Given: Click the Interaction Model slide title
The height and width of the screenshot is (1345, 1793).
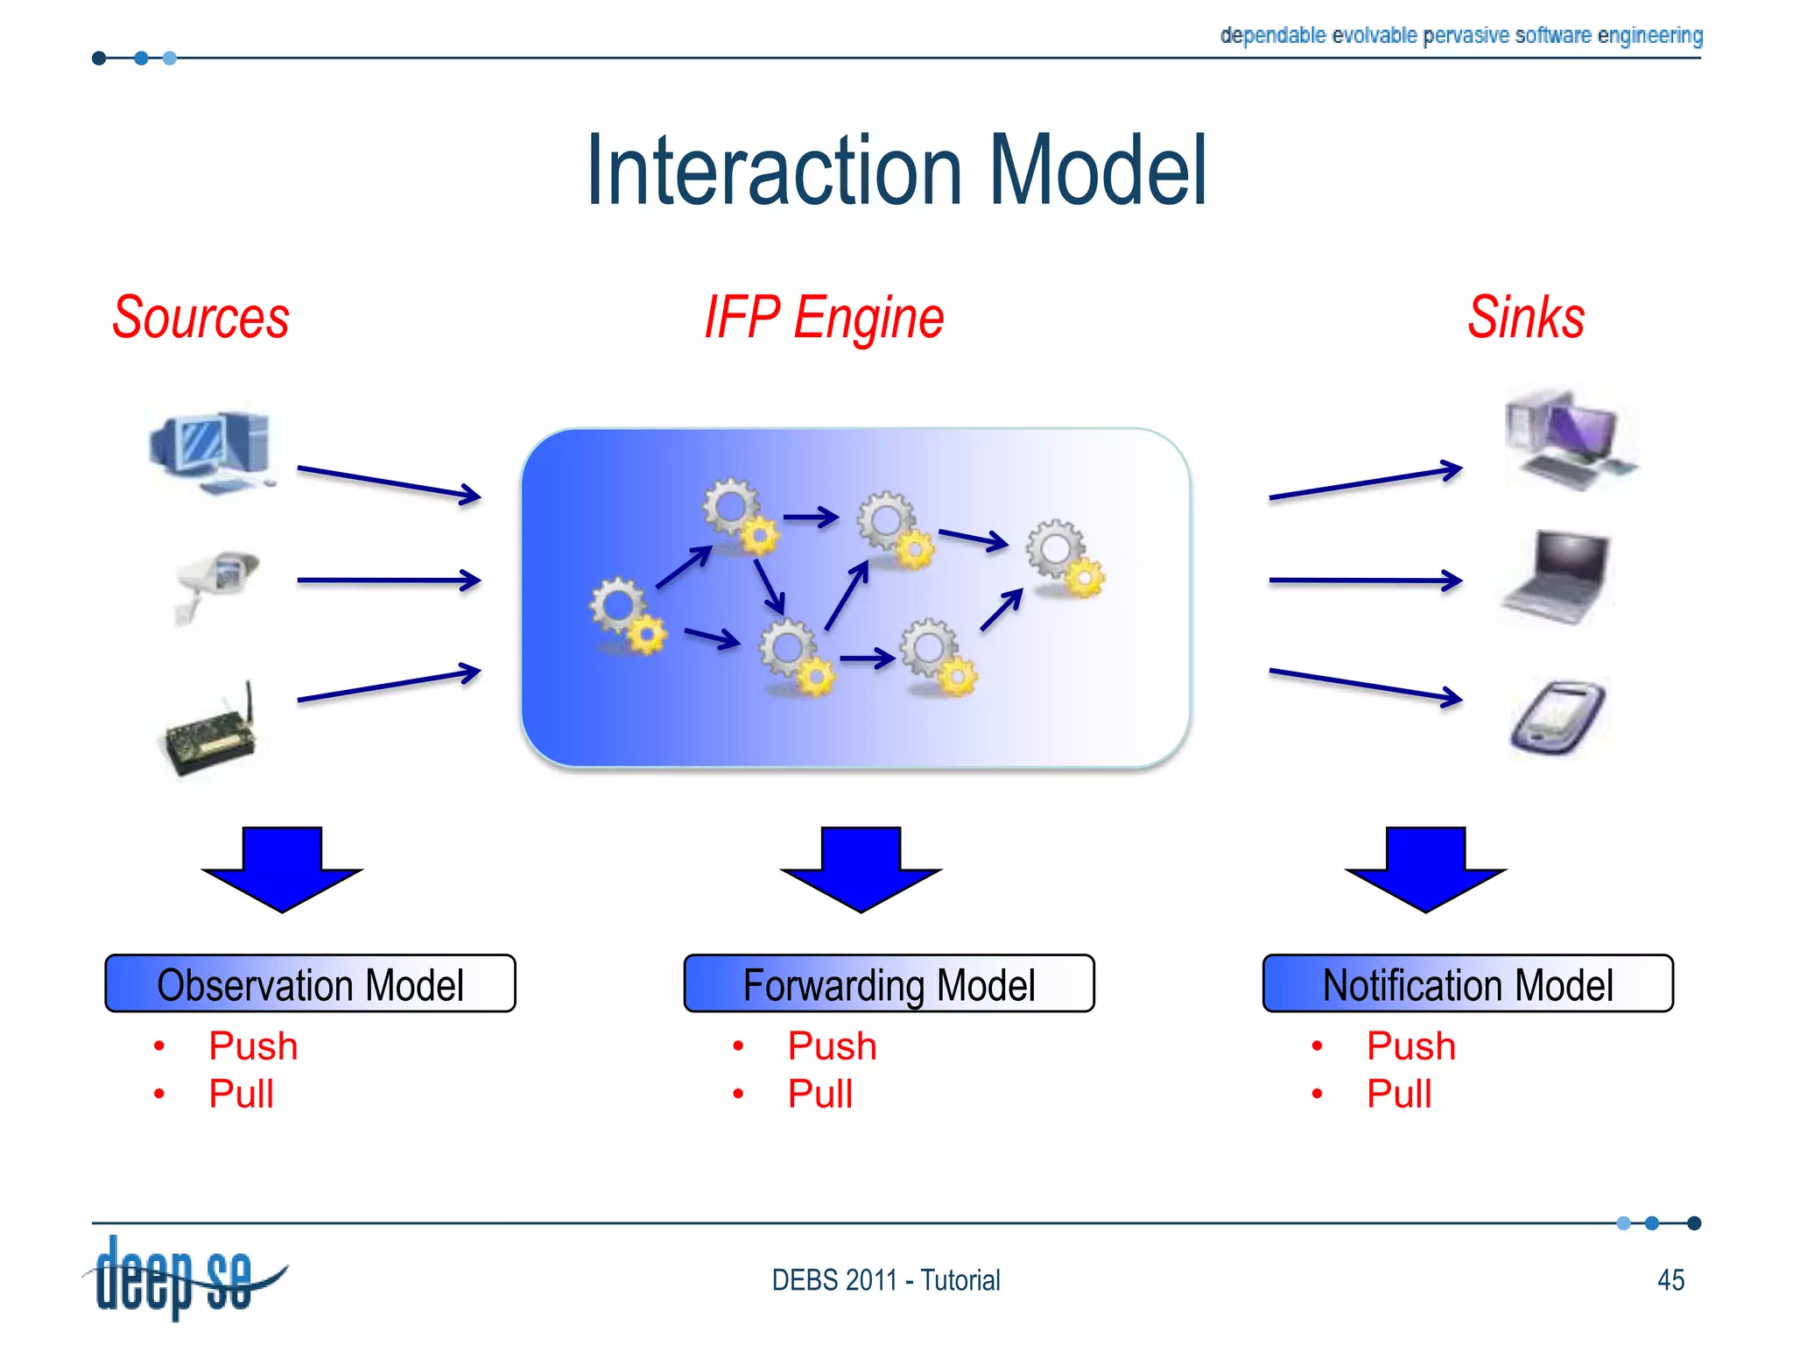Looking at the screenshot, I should click(896, 171).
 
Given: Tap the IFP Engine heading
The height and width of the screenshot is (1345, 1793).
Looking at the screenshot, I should click(824, 319).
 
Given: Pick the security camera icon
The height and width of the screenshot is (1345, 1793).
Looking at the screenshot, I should click(217, 582).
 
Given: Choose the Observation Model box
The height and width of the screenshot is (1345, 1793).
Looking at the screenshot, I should click(310, 984).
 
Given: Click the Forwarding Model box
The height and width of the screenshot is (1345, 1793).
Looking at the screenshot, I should click(889, 984).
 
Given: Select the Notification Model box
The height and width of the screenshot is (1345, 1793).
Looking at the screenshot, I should click(1467, 984).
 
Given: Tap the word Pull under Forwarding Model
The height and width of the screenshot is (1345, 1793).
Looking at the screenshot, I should click(819, 1094).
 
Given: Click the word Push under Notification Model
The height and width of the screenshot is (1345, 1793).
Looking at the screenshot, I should click(1410, 1046).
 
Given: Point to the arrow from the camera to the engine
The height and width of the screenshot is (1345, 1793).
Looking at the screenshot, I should click(389, 580).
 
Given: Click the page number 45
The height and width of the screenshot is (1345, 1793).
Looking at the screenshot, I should click(1670, 1280).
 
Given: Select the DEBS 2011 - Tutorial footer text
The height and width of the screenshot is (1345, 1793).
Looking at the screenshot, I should click(885, 1280).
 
